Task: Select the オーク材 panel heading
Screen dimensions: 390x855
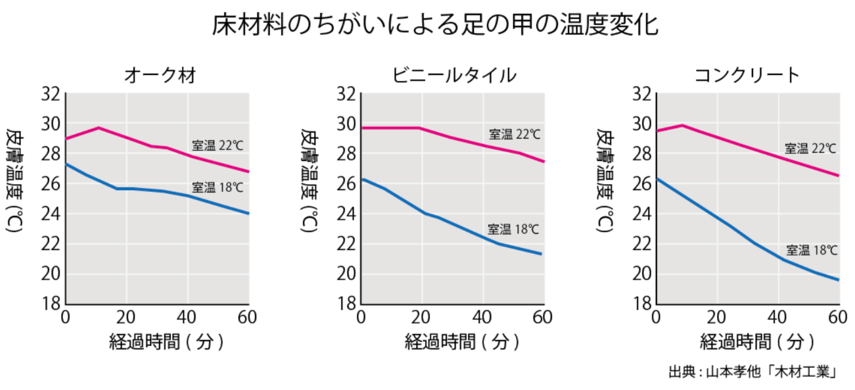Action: tap(160, 76)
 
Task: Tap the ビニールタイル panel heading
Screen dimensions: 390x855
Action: tap(454, 76)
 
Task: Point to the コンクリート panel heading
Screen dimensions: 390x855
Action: tap(747, 76)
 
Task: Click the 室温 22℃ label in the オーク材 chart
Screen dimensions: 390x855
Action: tap(217, 145)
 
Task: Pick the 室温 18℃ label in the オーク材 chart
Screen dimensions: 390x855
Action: tap(217, 187)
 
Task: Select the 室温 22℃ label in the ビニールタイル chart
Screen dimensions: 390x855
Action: tap(514, 134)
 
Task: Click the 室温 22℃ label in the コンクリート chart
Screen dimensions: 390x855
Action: tap(810, 149)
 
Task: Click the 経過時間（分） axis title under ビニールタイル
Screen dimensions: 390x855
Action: tap(453, 342)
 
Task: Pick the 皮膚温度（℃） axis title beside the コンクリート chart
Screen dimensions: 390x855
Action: tap(605, 182)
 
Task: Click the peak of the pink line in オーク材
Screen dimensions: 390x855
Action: tap(99, 128)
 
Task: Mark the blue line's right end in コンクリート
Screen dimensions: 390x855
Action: tap(839, 280)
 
